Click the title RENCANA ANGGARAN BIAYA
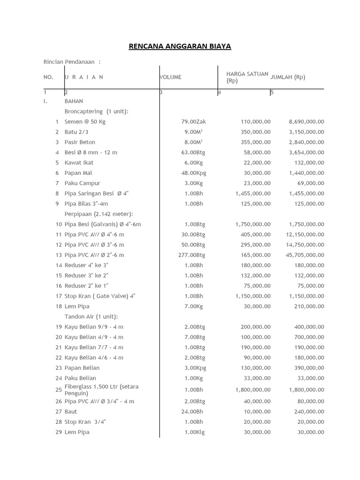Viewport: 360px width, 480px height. click(180, 46)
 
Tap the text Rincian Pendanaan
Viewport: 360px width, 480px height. click(69, 62)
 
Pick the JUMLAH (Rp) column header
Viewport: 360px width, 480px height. click(288, 77)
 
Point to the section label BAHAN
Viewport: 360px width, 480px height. click(74, 101)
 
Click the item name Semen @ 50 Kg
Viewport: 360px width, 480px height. click(85, 122)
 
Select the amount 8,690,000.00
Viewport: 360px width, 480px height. click(306, 122)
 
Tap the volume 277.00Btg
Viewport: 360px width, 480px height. click(193, 255)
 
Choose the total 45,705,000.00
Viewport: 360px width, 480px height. click(305, 255)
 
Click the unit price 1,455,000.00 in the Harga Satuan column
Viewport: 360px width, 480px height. click(253, 194)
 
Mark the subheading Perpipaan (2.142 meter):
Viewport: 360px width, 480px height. click(99, 214)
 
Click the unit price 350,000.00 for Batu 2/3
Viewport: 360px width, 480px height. click(255, 132)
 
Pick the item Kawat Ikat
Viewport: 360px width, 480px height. click(79, 163)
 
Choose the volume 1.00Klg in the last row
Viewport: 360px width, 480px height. click(194, 432)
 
